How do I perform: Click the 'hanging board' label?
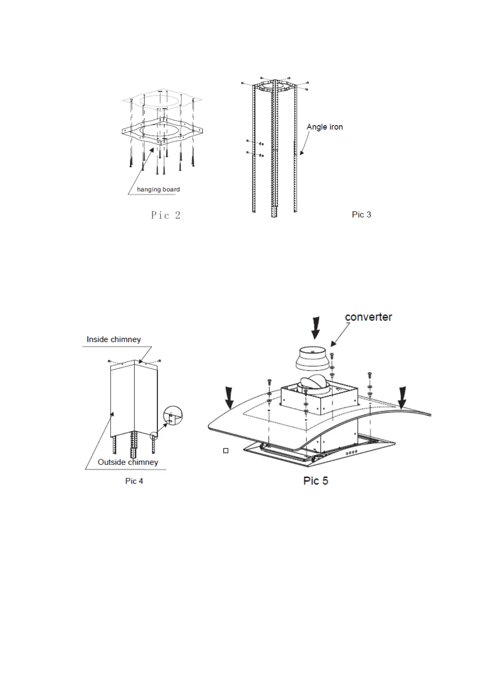[158, 189]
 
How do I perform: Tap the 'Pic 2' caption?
[165, 215]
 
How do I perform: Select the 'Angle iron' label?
[325, 127]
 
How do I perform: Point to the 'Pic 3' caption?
[361, 214]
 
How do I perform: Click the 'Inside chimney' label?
[114, 340]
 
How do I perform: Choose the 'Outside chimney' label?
[128, 462]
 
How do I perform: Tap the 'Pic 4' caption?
[134, 481]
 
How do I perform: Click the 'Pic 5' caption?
[316, 481]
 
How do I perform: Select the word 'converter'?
[368, 317]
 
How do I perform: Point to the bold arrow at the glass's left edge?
[230, 398]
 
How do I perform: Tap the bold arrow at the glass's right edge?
[402, 397]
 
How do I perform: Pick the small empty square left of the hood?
[225, 451]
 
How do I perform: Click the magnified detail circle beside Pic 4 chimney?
[173, 416]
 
